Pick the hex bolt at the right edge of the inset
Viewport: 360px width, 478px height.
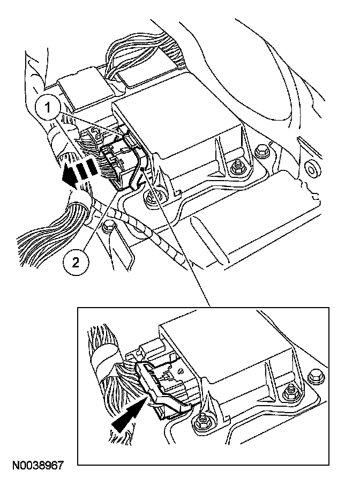click(316, 375)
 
